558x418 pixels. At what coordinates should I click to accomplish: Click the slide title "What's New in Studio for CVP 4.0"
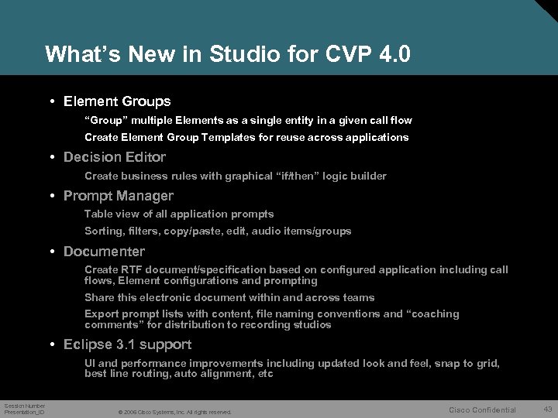point(228,54)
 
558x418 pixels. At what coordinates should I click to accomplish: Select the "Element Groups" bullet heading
point(117,101)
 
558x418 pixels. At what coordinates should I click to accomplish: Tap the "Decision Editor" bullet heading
point(115,157)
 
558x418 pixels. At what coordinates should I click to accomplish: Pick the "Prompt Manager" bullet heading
point(119,196)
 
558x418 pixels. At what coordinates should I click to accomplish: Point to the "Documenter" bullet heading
point(104,252)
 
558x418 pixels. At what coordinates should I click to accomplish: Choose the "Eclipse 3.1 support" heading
point(127,344)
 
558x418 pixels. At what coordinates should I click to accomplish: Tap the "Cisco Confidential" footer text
point(482,409)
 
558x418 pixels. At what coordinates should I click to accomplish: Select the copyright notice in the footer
point(174,411)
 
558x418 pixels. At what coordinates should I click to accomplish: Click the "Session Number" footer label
point(25,406)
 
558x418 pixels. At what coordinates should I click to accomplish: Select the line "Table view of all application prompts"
point(179,214)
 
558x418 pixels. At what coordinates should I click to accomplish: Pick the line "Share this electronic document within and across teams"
point(229,297)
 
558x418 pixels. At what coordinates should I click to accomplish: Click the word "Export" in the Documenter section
point(102,314)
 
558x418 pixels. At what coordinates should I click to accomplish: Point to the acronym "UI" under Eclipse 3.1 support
point(90,363)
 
